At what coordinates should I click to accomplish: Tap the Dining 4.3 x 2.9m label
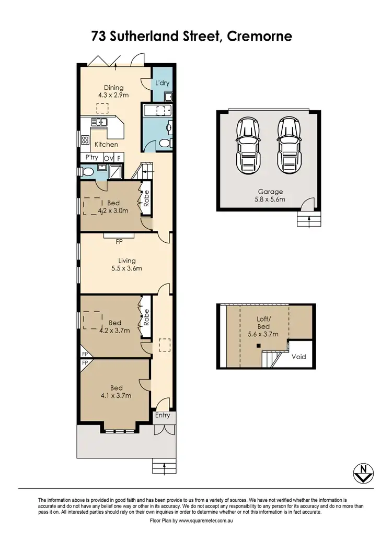point(113,91)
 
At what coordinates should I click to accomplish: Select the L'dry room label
point(162,83)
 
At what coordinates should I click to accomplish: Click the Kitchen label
point(106,144)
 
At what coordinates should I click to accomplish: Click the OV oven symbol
point(108,158)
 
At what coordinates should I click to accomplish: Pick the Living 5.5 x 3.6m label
point(126,264)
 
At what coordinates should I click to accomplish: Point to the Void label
point(298,357)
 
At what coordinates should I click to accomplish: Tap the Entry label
point(163,415)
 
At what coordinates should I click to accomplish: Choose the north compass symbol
point(361,473)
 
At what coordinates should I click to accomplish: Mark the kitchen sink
point(98,122)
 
